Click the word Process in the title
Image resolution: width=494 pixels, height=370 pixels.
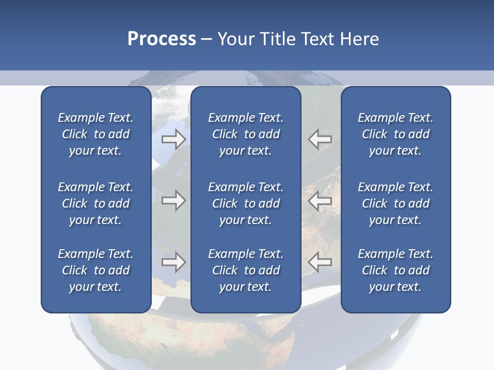(162, 39)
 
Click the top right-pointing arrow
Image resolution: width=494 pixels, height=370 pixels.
(173, 139)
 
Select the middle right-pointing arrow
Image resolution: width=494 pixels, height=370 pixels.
(173, 200)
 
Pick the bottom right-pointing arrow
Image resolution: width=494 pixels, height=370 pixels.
(173, 262)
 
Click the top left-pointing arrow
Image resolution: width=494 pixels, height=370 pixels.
(320, 139)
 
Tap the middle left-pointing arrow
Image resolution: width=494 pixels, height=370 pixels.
(320, 200)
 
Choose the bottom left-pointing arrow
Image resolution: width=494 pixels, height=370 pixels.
(320, 262)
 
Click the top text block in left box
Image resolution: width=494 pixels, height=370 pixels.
(96, 134)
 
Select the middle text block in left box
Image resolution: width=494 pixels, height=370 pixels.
(96, 203)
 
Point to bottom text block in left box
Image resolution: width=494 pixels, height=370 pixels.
(96, 270)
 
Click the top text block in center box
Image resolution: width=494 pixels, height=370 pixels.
(245, 134)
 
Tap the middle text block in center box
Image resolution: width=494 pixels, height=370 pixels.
(245, 203)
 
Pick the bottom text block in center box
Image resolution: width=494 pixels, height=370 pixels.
(245, 270)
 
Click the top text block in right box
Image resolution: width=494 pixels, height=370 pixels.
(395, 134)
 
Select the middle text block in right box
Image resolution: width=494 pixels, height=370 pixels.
(395, 203)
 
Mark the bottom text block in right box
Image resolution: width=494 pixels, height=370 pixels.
(395, 270)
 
